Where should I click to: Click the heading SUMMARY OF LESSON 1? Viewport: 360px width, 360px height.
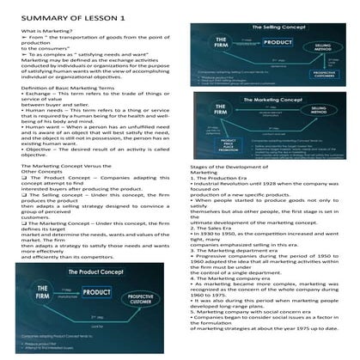click(x=60, y=17)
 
